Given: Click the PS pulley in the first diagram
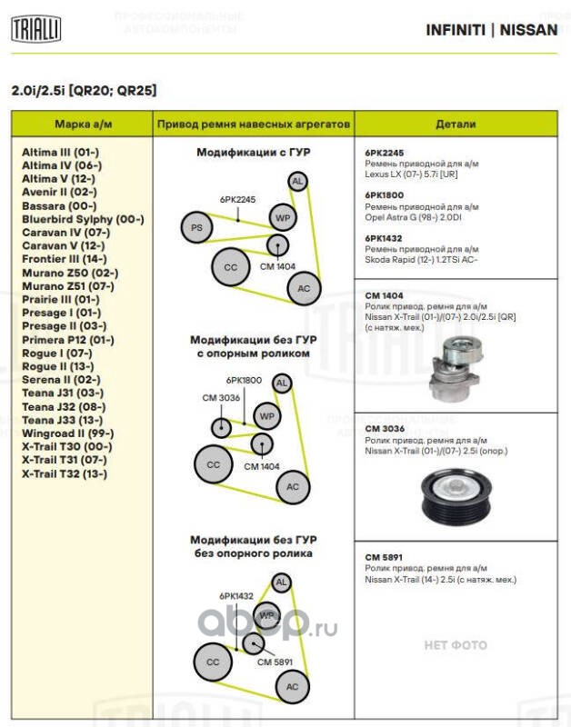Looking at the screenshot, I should point(195,226).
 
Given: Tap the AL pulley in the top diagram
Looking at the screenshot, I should point(297,182).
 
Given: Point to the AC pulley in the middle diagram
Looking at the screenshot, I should point(292,488).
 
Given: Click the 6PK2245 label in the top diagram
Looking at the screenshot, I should point(237,199).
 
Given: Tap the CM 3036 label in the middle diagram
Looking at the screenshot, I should point(221,397).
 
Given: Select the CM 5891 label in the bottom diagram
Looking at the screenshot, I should point(275,662).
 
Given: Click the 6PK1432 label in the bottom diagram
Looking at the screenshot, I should point(235,596).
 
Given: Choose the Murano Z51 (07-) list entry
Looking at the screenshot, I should point(68,285).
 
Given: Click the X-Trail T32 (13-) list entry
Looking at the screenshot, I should point(65,473).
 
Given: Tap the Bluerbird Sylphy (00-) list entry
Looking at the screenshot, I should point(83,219).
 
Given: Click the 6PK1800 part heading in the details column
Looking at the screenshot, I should point(384,195).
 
